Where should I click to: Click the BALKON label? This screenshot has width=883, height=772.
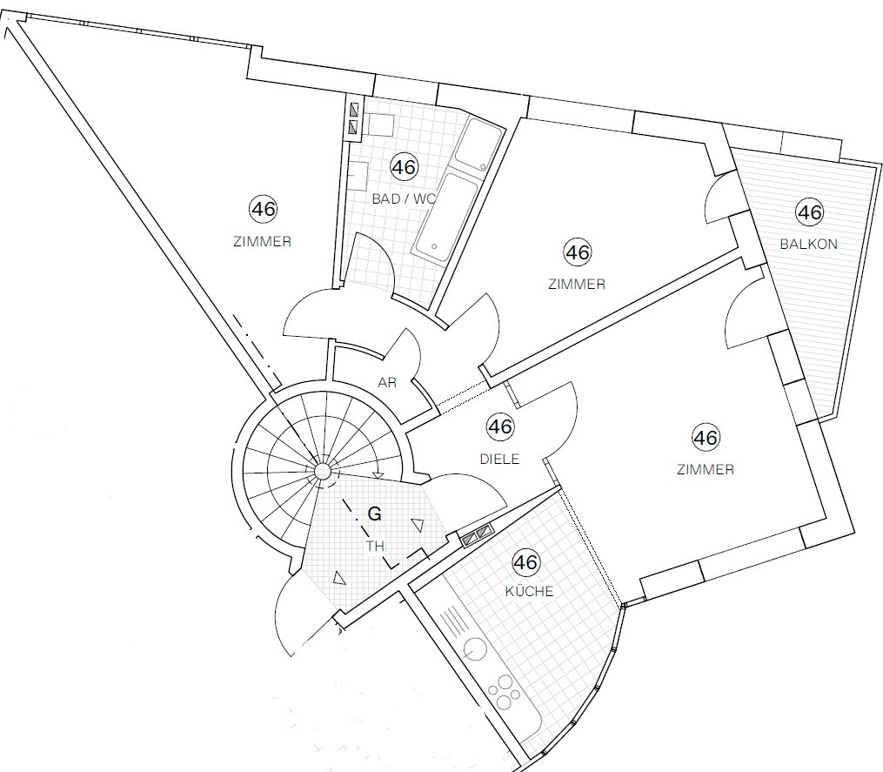[x=809, y=244]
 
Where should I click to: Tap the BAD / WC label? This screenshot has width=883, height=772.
[x=404, y=199]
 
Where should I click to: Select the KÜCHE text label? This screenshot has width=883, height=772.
[x=529, y=591]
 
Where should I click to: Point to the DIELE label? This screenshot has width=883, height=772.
[x=499, y=459]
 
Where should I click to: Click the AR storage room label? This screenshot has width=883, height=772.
[x=387, y=383]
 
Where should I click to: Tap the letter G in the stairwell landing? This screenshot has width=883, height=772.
[x=374, y=514]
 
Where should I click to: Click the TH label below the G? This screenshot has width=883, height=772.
[x=375, y=546]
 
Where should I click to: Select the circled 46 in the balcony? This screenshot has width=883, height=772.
[x=809, y=211]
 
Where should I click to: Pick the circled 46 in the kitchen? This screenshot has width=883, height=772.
[x=526, y=562]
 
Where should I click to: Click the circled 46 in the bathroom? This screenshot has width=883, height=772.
[x=405, y=167]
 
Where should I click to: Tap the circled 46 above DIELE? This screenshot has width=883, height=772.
[x=499, y=426]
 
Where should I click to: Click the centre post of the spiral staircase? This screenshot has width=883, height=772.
[x=323, y=471]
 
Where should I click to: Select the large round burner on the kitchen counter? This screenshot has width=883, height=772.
[x=475, y=649]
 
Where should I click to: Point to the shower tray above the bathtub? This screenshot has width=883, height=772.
[x=478, y=144]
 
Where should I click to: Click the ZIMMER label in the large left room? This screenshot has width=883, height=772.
[x=263, y=242]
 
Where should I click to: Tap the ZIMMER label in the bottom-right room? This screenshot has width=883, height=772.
[x=705, y=469]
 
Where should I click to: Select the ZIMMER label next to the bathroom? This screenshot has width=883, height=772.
[x=577, y=284]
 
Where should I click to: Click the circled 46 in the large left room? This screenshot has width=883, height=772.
[x=263, y=209]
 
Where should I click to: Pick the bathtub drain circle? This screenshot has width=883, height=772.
[x=434, y=247]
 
